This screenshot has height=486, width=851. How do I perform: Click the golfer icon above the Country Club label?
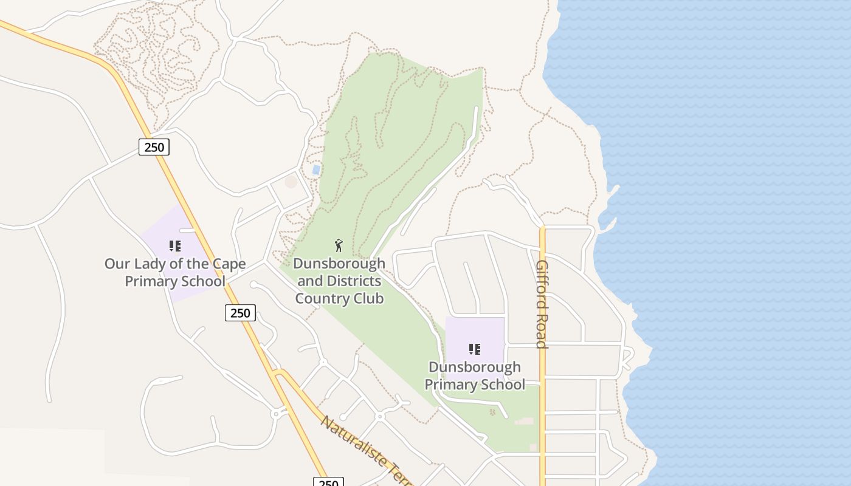[x=339, y=245]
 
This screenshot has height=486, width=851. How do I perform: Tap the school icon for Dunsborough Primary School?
[x=475, y=349]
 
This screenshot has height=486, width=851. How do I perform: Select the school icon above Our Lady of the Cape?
[x=175, y=246]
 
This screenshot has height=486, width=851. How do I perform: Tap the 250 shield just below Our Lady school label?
[x=240, y=313]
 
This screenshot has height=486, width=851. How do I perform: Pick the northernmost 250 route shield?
[x=154, y=146]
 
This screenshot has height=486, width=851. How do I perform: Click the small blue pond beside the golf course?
[x=316, y=170]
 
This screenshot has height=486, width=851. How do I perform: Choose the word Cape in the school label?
[x=230, y=264]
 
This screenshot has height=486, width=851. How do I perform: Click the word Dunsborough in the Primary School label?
[x=475, y=367]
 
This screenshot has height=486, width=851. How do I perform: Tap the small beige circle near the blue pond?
[x=291, y=181]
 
